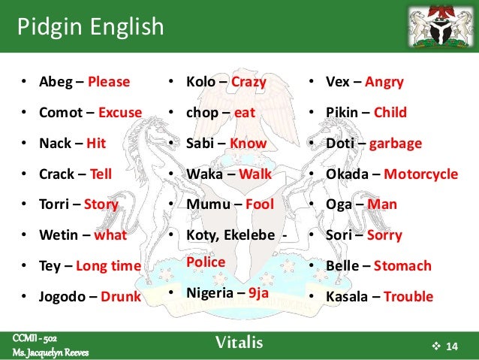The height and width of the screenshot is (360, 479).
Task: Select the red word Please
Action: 109,82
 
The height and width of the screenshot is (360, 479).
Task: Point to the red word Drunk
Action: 121,296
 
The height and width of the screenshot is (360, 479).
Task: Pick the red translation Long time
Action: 109,265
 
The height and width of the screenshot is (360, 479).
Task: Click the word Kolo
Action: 201,82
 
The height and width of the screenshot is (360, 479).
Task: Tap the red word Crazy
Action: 249,82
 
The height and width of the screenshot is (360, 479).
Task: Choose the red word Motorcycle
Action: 420,174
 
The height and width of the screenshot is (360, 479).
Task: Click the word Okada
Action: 349,174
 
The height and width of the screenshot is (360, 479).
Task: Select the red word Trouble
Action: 408,296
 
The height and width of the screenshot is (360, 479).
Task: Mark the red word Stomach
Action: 402,265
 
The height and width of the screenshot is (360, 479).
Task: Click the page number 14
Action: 451,346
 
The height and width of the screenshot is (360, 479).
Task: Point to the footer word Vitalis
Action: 239,344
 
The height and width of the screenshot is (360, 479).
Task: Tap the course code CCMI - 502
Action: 35,338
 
